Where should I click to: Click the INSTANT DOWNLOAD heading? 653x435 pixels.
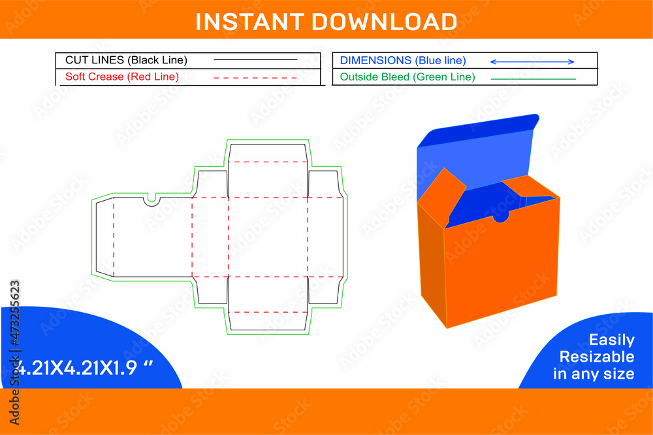tap(326, 22)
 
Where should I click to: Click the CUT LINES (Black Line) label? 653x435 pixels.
tap(126, 60)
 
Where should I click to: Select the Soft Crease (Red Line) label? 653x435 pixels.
tap(122, 77)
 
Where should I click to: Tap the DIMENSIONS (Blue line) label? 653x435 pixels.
tap(403, 60)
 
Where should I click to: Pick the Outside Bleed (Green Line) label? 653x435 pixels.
tap(407, 77)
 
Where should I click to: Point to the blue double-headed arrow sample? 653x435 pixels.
tap(532, 61)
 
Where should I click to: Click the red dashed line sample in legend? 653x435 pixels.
tap(255, 78)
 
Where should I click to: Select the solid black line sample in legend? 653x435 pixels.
tap(255, 60)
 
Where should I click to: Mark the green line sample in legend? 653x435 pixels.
tap(533, 79)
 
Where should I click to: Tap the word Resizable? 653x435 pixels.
tap(596, 357)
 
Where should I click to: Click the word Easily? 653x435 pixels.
tap(611, 340)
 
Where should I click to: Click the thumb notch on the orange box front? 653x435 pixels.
tap(501, 216)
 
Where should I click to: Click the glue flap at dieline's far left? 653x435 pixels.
tap(104, 237)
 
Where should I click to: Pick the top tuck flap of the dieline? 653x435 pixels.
tap(268, 152)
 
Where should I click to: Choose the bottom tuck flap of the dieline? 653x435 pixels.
tap(268, 321)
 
